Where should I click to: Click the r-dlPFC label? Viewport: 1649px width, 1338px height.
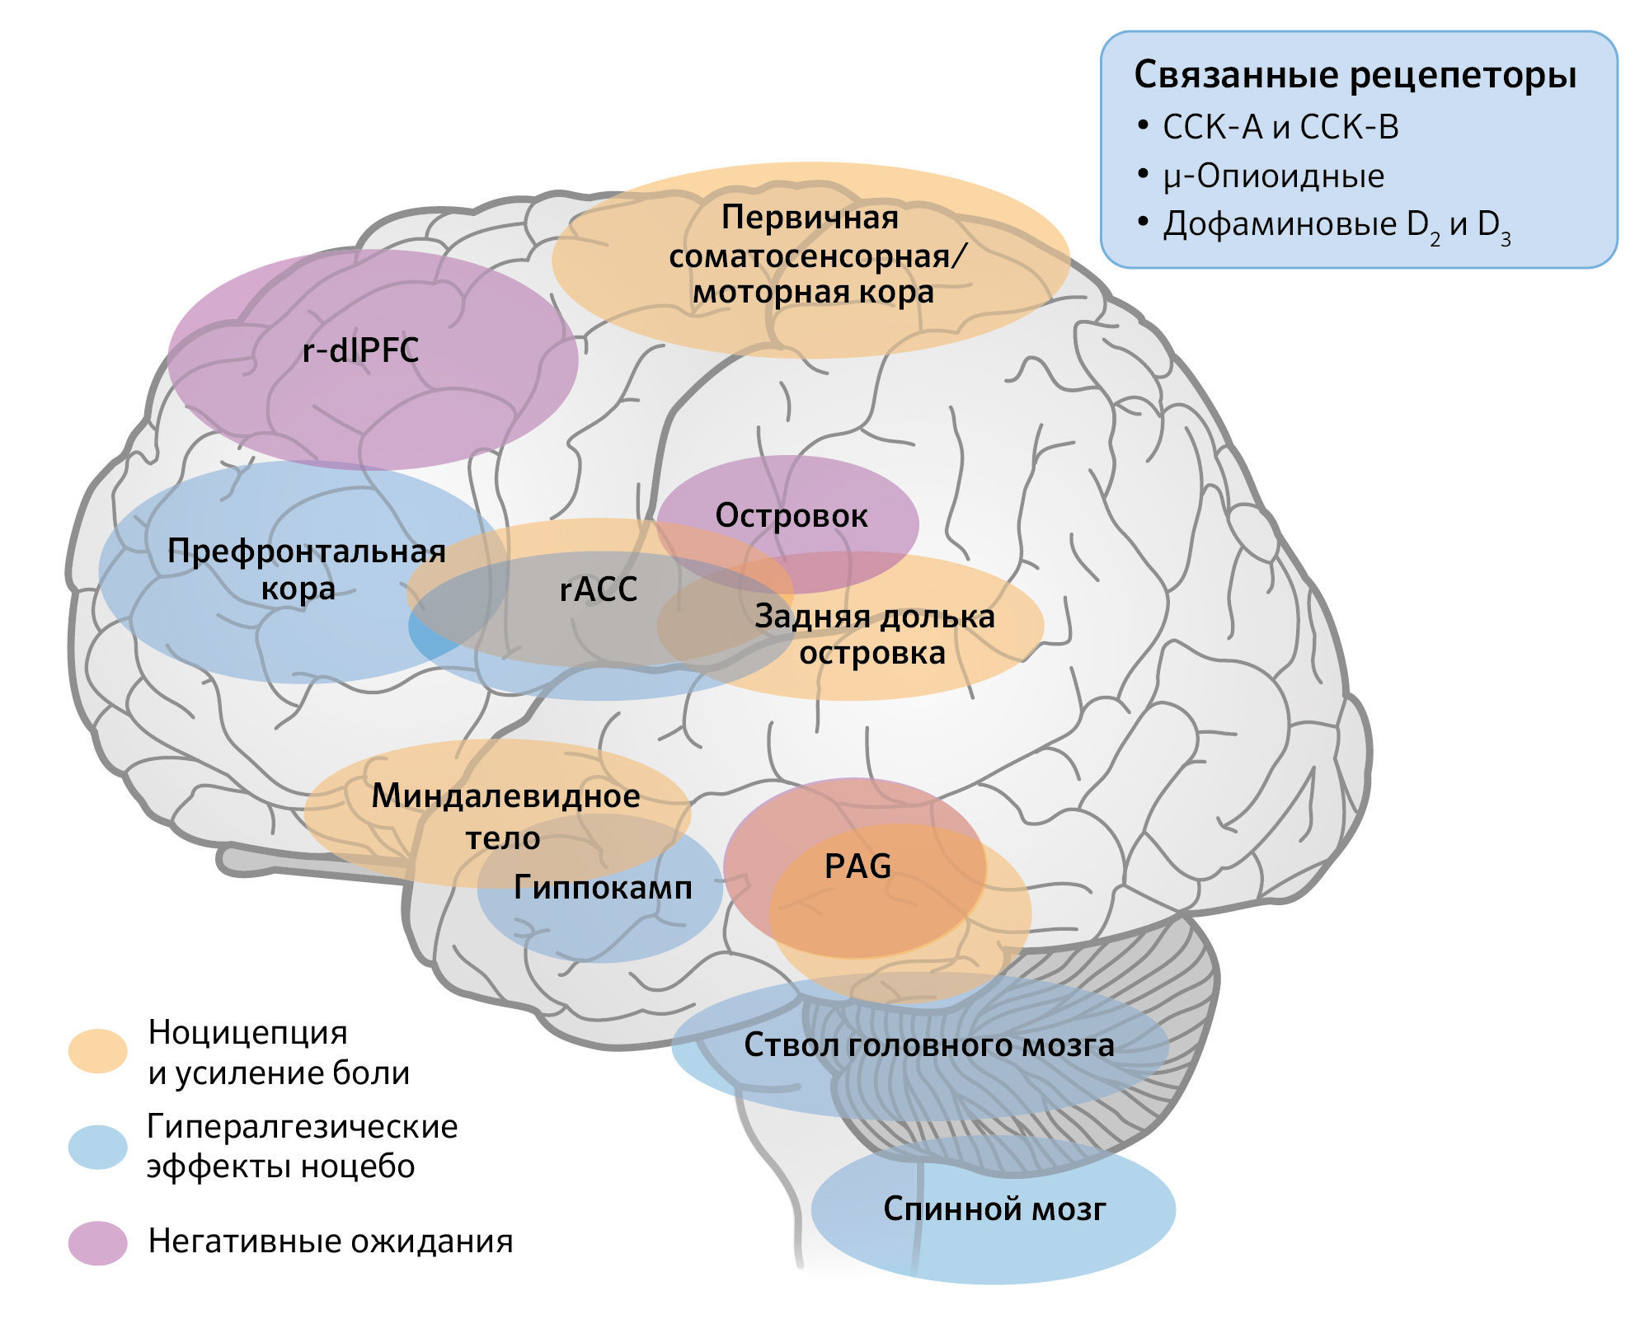(x=360, y=351)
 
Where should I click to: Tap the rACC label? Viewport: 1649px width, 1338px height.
(x=598, y=589)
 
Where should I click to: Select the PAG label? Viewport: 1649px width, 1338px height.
(x=857, y=866)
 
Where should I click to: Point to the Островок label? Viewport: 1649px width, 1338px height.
(x=791, y=516)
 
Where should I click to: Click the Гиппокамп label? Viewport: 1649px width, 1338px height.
(x=603, y=888)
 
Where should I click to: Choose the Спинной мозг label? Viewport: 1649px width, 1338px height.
(x=994, y=1209)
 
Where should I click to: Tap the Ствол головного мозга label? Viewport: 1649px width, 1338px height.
(x=928, y=1045)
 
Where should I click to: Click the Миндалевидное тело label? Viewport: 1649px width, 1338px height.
(x=505, y=817)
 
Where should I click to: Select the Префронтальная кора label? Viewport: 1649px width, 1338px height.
(x=306, y=570)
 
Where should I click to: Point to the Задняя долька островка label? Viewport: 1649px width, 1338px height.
(x=874, y=635)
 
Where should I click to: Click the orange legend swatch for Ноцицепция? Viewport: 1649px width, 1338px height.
(x=98, y=1051)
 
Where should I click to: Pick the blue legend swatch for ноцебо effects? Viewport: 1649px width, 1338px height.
(x=98, y=1147)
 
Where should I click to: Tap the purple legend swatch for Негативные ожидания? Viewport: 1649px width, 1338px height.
(x=98, y=1243)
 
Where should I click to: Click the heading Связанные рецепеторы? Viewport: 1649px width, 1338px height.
(x=1355, y=75)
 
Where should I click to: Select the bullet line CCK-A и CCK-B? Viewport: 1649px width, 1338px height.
(x=1280, y=128)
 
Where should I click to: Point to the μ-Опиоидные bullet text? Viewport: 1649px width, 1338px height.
(x=1273, y=176)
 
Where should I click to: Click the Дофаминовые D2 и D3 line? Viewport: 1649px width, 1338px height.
(x=1336, y=225)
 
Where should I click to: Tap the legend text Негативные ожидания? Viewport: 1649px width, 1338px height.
(x=330, y=1242)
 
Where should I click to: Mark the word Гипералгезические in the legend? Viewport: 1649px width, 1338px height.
(x=302, y=1127)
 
